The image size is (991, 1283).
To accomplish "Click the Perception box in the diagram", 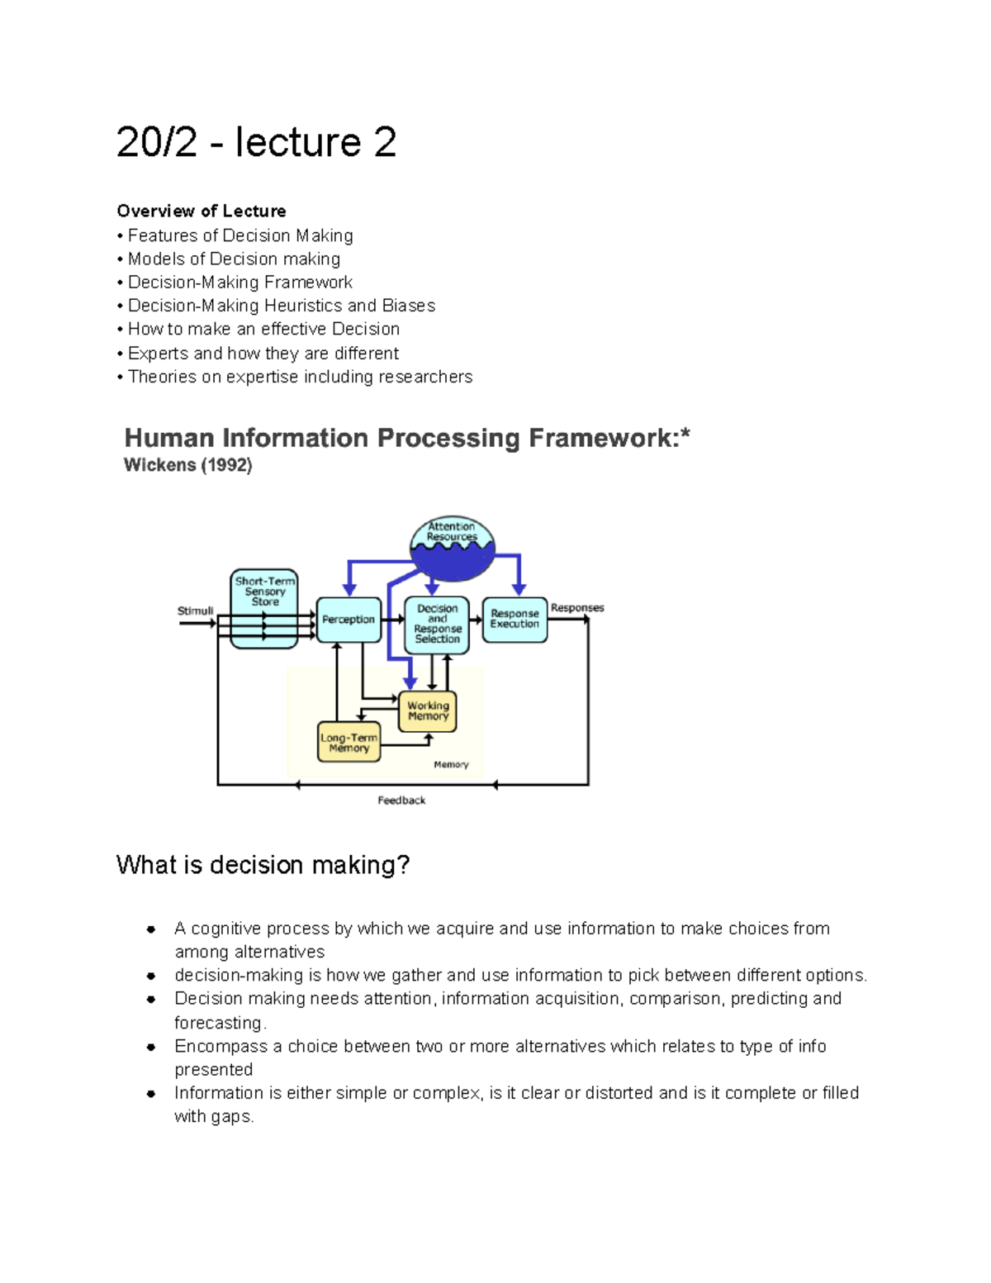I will click(349, 620).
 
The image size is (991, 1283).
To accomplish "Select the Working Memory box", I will click(427, 710).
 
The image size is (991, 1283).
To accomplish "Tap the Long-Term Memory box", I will click(349, 742).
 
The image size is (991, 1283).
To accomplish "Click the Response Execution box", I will click(514, 620).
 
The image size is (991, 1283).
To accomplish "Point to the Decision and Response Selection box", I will click(437, 624).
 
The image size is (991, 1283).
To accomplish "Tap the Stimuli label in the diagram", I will click(195, 611).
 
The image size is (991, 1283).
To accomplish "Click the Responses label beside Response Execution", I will click(577, 608).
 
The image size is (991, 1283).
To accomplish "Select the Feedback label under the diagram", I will click(401, 800).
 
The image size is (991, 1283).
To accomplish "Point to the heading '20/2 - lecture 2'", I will click(256, 142).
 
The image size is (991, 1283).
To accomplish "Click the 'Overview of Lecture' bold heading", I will click(202, 211).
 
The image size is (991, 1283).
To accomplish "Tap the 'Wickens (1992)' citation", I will click(187, 465).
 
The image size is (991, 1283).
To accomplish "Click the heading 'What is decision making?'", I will click(263, 865).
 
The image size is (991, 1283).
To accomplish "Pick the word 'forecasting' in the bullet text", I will click(218, 1022).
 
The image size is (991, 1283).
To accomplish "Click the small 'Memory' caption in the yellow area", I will click(451, 765).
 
